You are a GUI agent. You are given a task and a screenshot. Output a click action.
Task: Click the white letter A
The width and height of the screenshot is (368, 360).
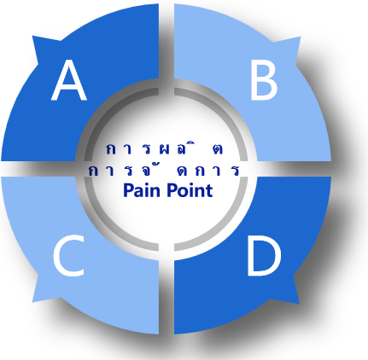69,80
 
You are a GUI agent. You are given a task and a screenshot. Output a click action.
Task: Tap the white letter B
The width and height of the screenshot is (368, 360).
264,81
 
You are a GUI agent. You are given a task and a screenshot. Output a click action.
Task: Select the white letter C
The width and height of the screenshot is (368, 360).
69,257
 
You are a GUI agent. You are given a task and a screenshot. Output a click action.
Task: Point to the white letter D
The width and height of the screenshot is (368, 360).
264,257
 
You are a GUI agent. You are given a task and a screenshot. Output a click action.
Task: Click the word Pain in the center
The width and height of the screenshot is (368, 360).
142,190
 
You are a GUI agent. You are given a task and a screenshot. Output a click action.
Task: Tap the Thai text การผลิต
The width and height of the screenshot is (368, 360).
165,148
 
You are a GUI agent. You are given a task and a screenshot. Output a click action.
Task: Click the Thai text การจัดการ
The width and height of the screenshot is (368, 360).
164,170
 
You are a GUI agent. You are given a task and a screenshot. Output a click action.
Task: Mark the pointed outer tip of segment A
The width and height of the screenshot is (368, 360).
32,36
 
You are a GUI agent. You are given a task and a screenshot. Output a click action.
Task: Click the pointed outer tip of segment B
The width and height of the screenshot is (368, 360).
301,37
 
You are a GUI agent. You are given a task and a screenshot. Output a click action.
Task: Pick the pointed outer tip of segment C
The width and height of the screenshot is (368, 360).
32,302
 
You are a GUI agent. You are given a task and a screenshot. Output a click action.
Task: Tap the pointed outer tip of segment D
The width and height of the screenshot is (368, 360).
299,304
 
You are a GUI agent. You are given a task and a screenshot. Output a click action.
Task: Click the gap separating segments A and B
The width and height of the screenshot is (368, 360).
166,43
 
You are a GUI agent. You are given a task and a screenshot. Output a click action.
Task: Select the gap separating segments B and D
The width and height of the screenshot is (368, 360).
293,169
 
